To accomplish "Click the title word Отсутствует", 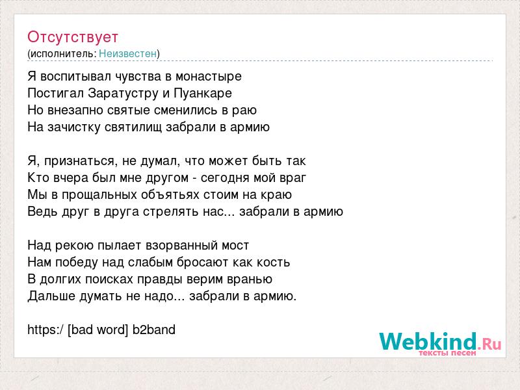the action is tap(73, 37).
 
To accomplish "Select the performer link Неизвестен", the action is tap(127, 53).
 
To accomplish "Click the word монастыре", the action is tap(209, 77).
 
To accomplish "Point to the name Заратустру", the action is tap(123, 94).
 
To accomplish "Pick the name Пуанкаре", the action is tap(203, 94).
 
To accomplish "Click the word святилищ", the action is tap(133, 127).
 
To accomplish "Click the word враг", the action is tap(293, 178).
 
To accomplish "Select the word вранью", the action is tap(250, 279).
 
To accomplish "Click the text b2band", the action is tap(154, 330).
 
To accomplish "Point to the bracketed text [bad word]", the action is tap(98, 330).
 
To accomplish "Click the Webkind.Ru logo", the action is tap(440, 342).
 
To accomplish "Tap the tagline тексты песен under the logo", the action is tap(447, 353).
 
